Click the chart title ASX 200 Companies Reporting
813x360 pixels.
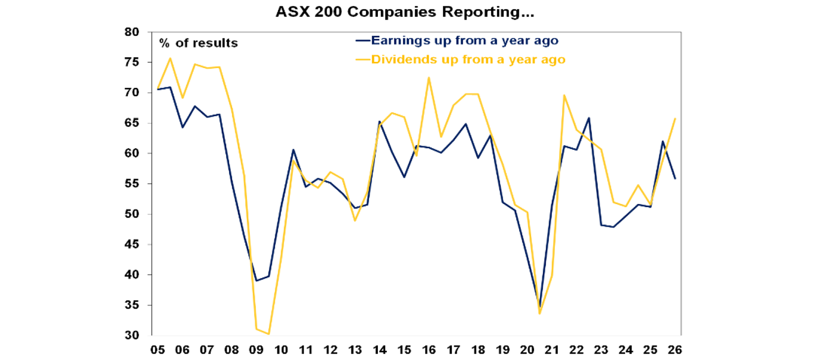click(405, 13)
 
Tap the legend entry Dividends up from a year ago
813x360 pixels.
click(468, 59)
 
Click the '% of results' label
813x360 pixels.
click(198, 43)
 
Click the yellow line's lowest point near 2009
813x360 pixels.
click(269, 334)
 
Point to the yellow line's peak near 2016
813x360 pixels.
click(429, 78)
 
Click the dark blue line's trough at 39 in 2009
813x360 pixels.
click(256, 281)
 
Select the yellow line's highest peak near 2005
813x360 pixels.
click(170, 58)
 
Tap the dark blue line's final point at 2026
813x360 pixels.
click(675, 179)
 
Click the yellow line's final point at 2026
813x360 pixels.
click(675, 119)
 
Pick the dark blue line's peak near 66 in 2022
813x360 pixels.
click(589, 118)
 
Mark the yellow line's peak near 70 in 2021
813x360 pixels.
click(564, 95)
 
